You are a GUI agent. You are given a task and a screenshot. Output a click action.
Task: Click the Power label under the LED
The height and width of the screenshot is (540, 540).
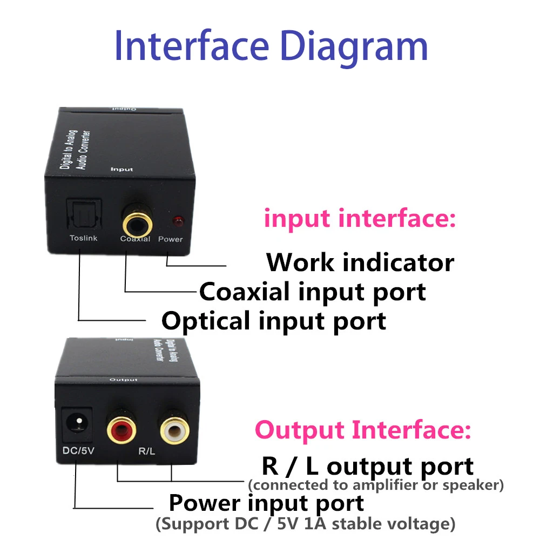click(x=170, y=239)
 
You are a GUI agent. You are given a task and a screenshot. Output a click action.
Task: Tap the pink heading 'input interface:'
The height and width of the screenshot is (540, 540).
click(x=360, y=219)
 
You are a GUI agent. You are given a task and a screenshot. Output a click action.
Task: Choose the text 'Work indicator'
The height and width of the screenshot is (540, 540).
click(x=360, y=262)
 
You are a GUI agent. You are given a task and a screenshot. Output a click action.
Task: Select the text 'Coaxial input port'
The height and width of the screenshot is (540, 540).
click(x=313, y=292)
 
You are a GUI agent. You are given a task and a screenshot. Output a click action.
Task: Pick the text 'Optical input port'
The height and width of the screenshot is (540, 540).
click(x=274, y=320)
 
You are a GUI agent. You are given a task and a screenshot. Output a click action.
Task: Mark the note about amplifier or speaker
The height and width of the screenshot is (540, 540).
click(x=376, y=485)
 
